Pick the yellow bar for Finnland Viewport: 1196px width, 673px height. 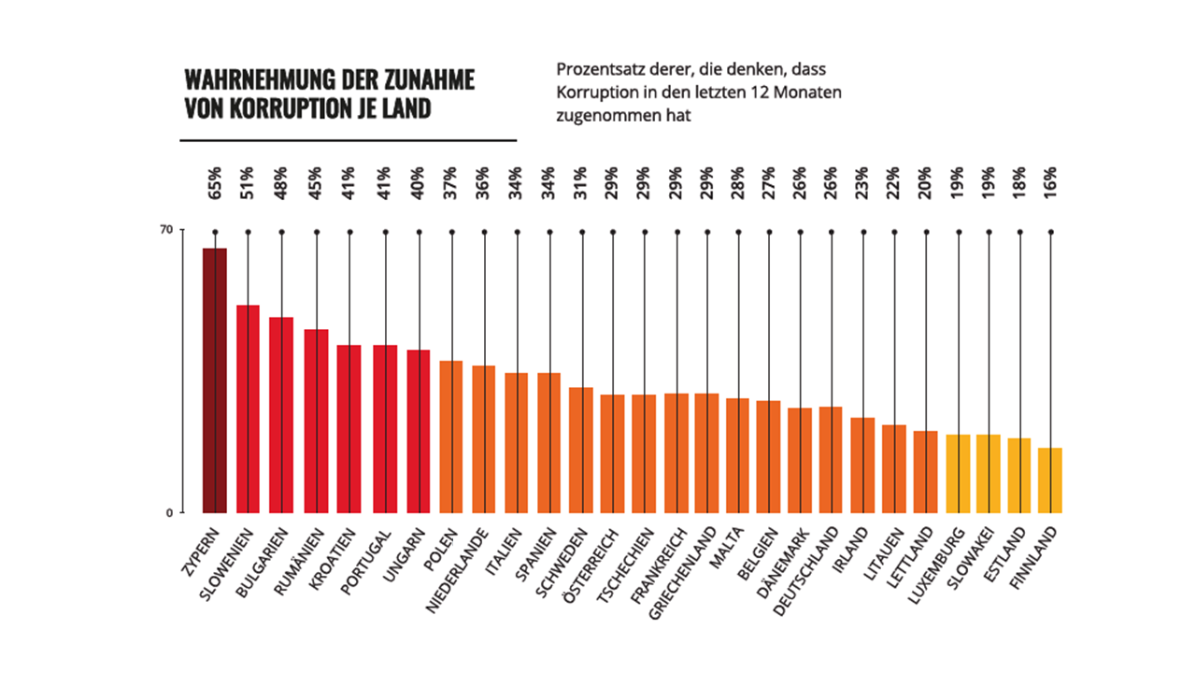(x=1050, y=480)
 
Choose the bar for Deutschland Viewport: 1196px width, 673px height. (x=831, y=460)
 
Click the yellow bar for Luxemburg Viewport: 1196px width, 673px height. (x=959, y=474)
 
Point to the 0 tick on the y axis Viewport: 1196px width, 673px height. (x=169, y=512)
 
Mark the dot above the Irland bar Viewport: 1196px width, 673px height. (x=863, y=231)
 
